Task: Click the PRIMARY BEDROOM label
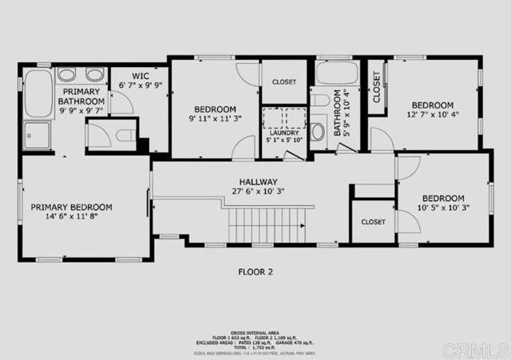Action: (x=71, y=207)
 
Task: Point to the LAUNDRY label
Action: (x=283, y=133)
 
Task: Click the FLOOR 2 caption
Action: (x=255, y=272)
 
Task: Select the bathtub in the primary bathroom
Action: (x=38, y=94)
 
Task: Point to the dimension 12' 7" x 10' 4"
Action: (x=432, y=117)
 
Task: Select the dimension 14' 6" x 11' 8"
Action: (x=71, y=217)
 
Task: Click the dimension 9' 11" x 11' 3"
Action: (x=215, y=119)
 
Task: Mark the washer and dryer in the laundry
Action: (x=283, y=117)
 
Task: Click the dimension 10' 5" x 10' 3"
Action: (x=443, y=208)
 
